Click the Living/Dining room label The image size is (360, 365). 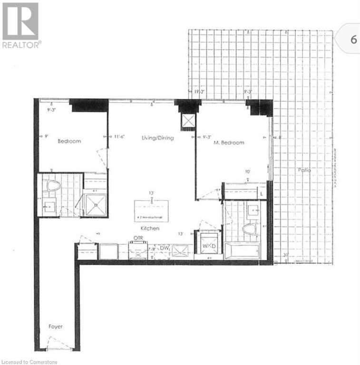[x=157, y=138]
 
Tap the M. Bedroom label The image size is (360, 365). [x=229, y=143]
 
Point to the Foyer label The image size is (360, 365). [x=55, y=327]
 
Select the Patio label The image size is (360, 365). [x=305, y=170]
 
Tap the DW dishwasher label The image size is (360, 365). [x=165, y=248]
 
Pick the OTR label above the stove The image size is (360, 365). [x=138, y=238]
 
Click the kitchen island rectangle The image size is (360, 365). [x=151, y=210]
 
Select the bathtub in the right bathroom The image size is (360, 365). [x=242, y=250]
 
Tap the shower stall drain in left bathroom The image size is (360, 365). [x=96, y=205]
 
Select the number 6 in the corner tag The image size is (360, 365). [x=353, y=39]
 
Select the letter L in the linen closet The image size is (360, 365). [x=262, y=193]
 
